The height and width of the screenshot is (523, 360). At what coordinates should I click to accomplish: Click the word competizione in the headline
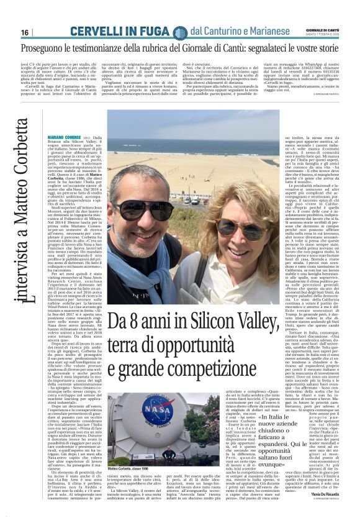(x=225, y=374)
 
